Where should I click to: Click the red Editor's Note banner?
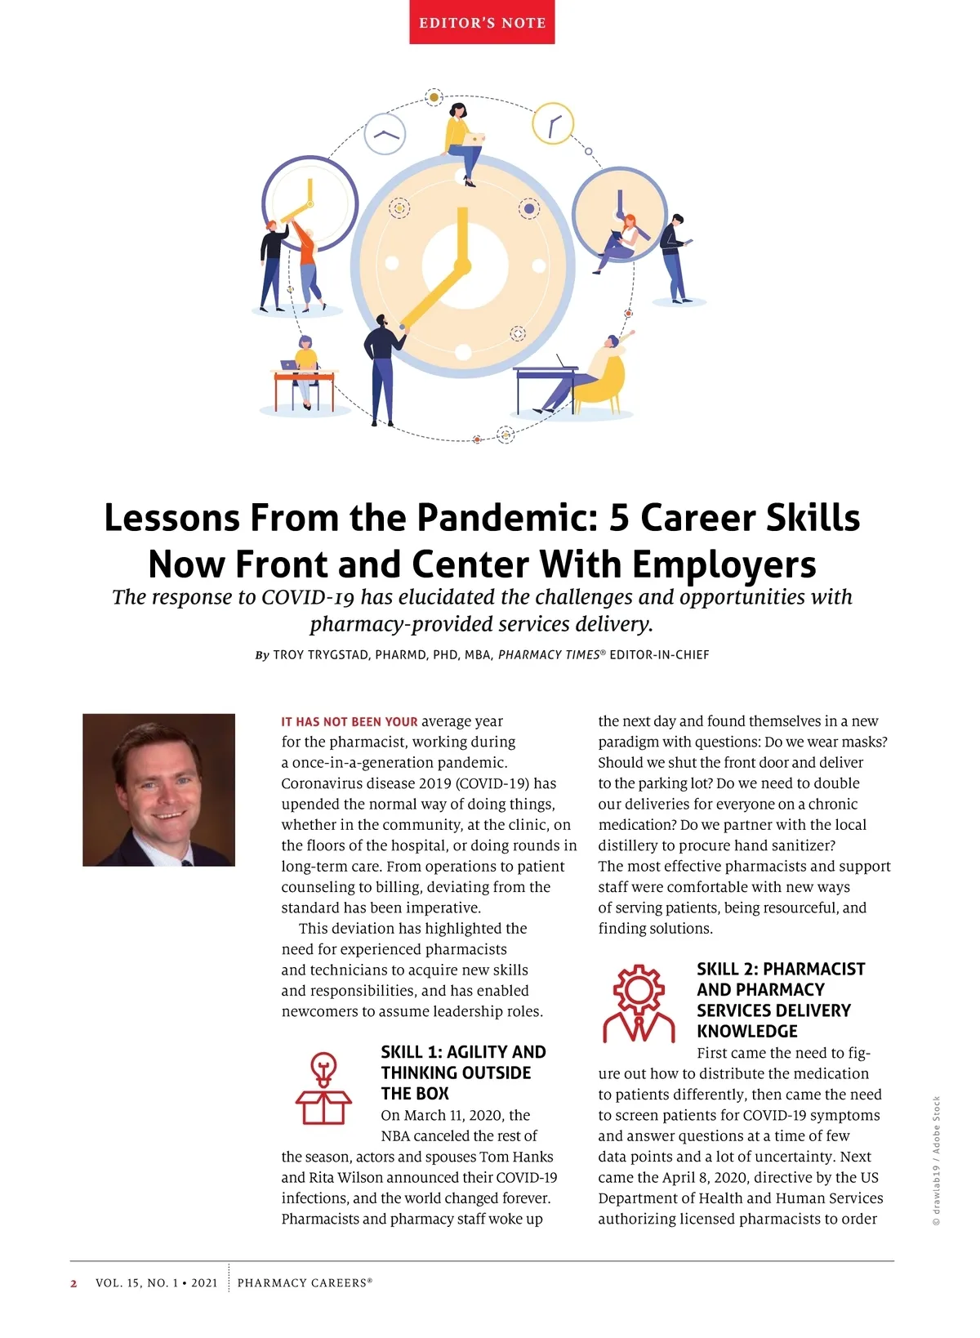[x=482, y=22]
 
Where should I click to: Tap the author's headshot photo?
[x=158, y=789]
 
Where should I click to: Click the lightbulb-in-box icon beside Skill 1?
[x=323, y=1088]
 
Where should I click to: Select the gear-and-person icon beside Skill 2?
[x=639, y=1003]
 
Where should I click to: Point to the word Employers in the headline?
[x=724, y=564]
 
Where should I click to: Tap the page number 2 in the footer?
[x=73, y=1283]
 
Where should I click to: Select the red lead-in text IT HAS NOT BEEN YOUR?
[x=349, y=722]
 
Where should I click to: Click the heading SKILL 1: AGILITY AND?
[x=463, y=1052]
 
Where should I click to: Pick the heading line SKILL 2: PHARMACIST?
[x=780, y=969]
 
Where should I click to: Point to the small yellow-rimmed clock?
[x=553, y=124]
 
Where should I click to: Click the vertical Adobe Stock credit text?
[x=937, y=1160]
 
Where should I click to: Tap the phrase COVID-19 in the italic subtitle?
[x=307, y=597]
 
